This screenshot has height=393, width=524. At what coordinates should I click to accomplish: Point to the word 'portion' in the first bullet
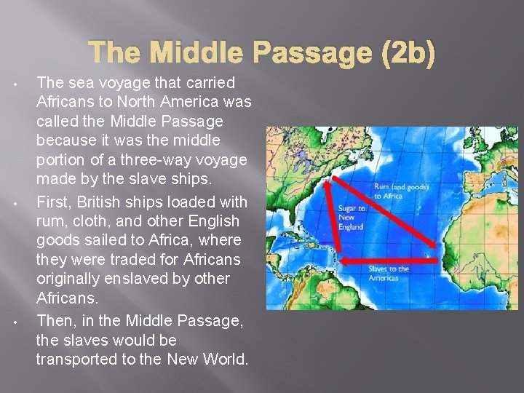59,160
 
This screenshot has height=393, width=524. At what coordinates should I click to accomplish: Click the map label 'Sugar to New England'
352,217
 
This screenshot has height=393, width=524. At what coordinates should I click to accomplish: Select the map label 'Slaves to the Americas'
389,273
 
